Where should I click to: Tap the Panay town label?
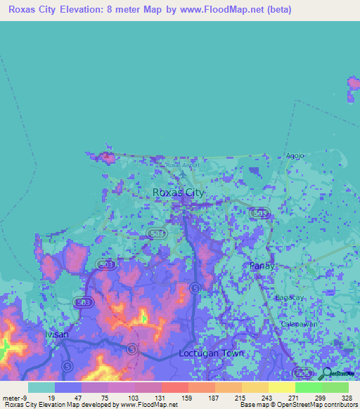pos(262,266)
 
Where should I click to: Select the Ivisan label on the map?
pos(57,334)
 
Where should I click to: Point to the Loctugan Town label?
pos(211,353)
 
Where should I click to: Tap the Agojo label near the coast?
pos(294,155)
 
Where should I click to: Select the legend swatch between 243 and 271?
pos(281,387)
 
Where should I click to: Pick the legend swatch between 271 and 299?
pos(308,387)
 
